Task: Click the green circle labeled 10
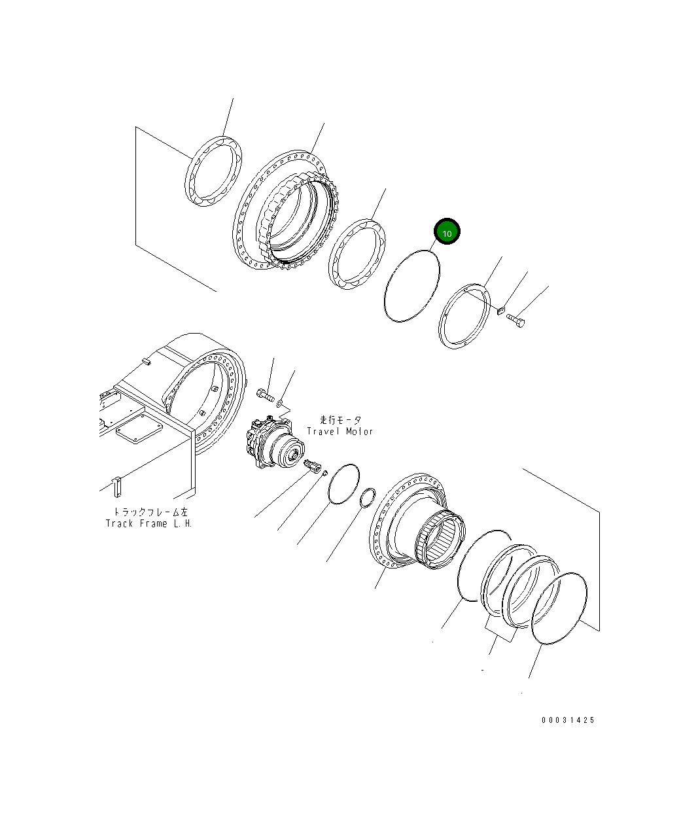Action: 447,232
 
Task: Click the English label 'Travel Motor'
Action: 340,432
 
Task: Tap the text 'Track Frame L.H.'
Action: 149,523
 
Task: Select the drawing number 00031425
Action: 568,720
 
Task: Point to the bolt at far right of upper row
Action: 515,321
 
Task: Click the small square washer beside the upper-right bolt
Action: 500,310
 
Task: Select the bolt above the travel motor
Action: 264,395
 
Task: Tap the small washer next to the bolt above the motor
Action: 281,404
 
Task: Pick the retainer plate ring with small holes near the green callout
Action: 464,315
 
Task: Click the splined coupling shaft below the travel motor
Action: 315,466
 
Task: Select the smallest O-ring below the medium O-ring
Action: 368,497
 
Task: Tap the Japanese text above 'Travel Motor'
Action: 340,420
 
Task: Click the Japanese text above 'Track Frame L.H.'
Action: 151,512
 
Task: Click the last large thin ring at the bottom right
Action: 559,609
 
